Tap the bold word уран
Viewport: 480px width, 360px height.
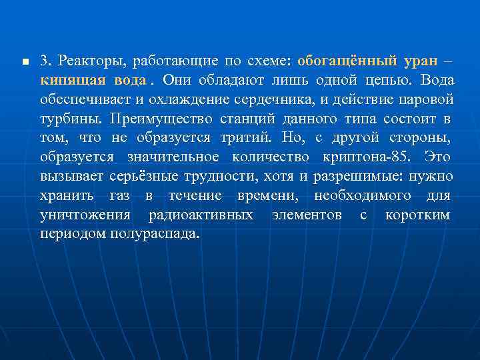[x=421, y=61]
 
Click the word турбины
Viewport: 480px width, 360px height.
[x=65, y=119]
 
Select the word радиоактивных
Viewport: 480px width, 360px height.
[x=200, y=215]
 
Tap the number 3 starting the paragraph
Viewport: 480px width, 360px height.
[x=43, y=61]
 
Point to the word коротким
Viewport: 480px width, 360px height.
[x=417, y=215]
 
